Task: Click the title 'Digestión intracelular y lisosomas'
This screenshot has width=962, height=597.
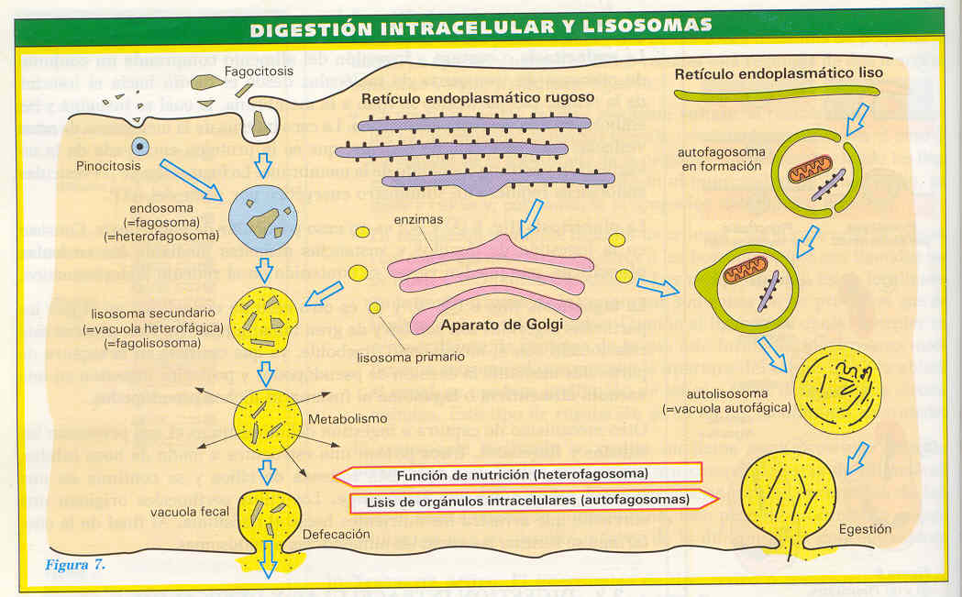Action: point(481,27)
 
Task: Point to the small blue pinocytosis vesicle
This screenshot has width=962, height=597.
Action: point(139,145)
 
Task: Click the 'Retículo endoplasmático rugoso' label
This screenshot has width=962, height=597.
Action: point(478,98)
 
